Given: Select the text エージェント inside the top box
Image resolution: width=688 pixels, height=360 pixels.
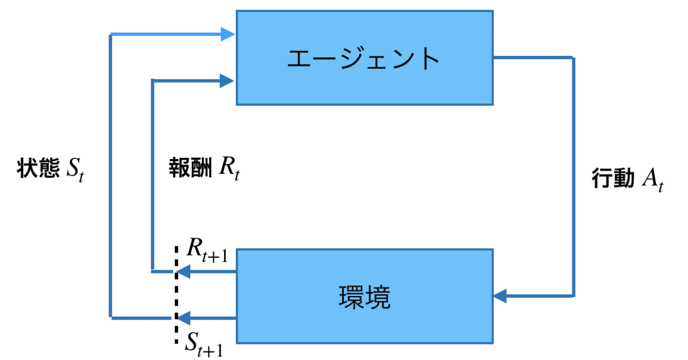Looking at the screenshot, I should point(364,59).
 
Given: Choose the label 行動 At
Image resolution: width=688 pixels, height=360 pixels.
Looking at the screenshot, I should point(628,179).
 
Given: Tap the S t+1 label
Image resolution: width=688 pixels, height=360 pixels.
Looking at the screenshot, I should point(204,342).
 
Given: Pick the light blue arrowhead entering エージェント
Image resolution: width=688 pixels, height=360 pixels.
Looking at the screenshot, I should point(228,35).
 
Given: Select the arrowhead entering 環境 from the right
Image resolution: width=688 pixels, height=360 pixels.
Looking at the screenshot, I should point(500,296).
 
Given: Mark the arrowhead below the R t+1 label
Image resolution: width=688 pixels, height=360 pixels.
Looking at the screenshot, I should point(183,272).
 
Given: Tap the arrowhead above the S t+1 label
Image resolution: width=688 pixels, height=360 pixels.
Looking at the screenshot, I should point(184,317).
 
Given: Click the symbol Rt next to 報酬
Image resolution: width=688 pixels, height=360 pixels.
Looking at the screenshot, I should point(228,169).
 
